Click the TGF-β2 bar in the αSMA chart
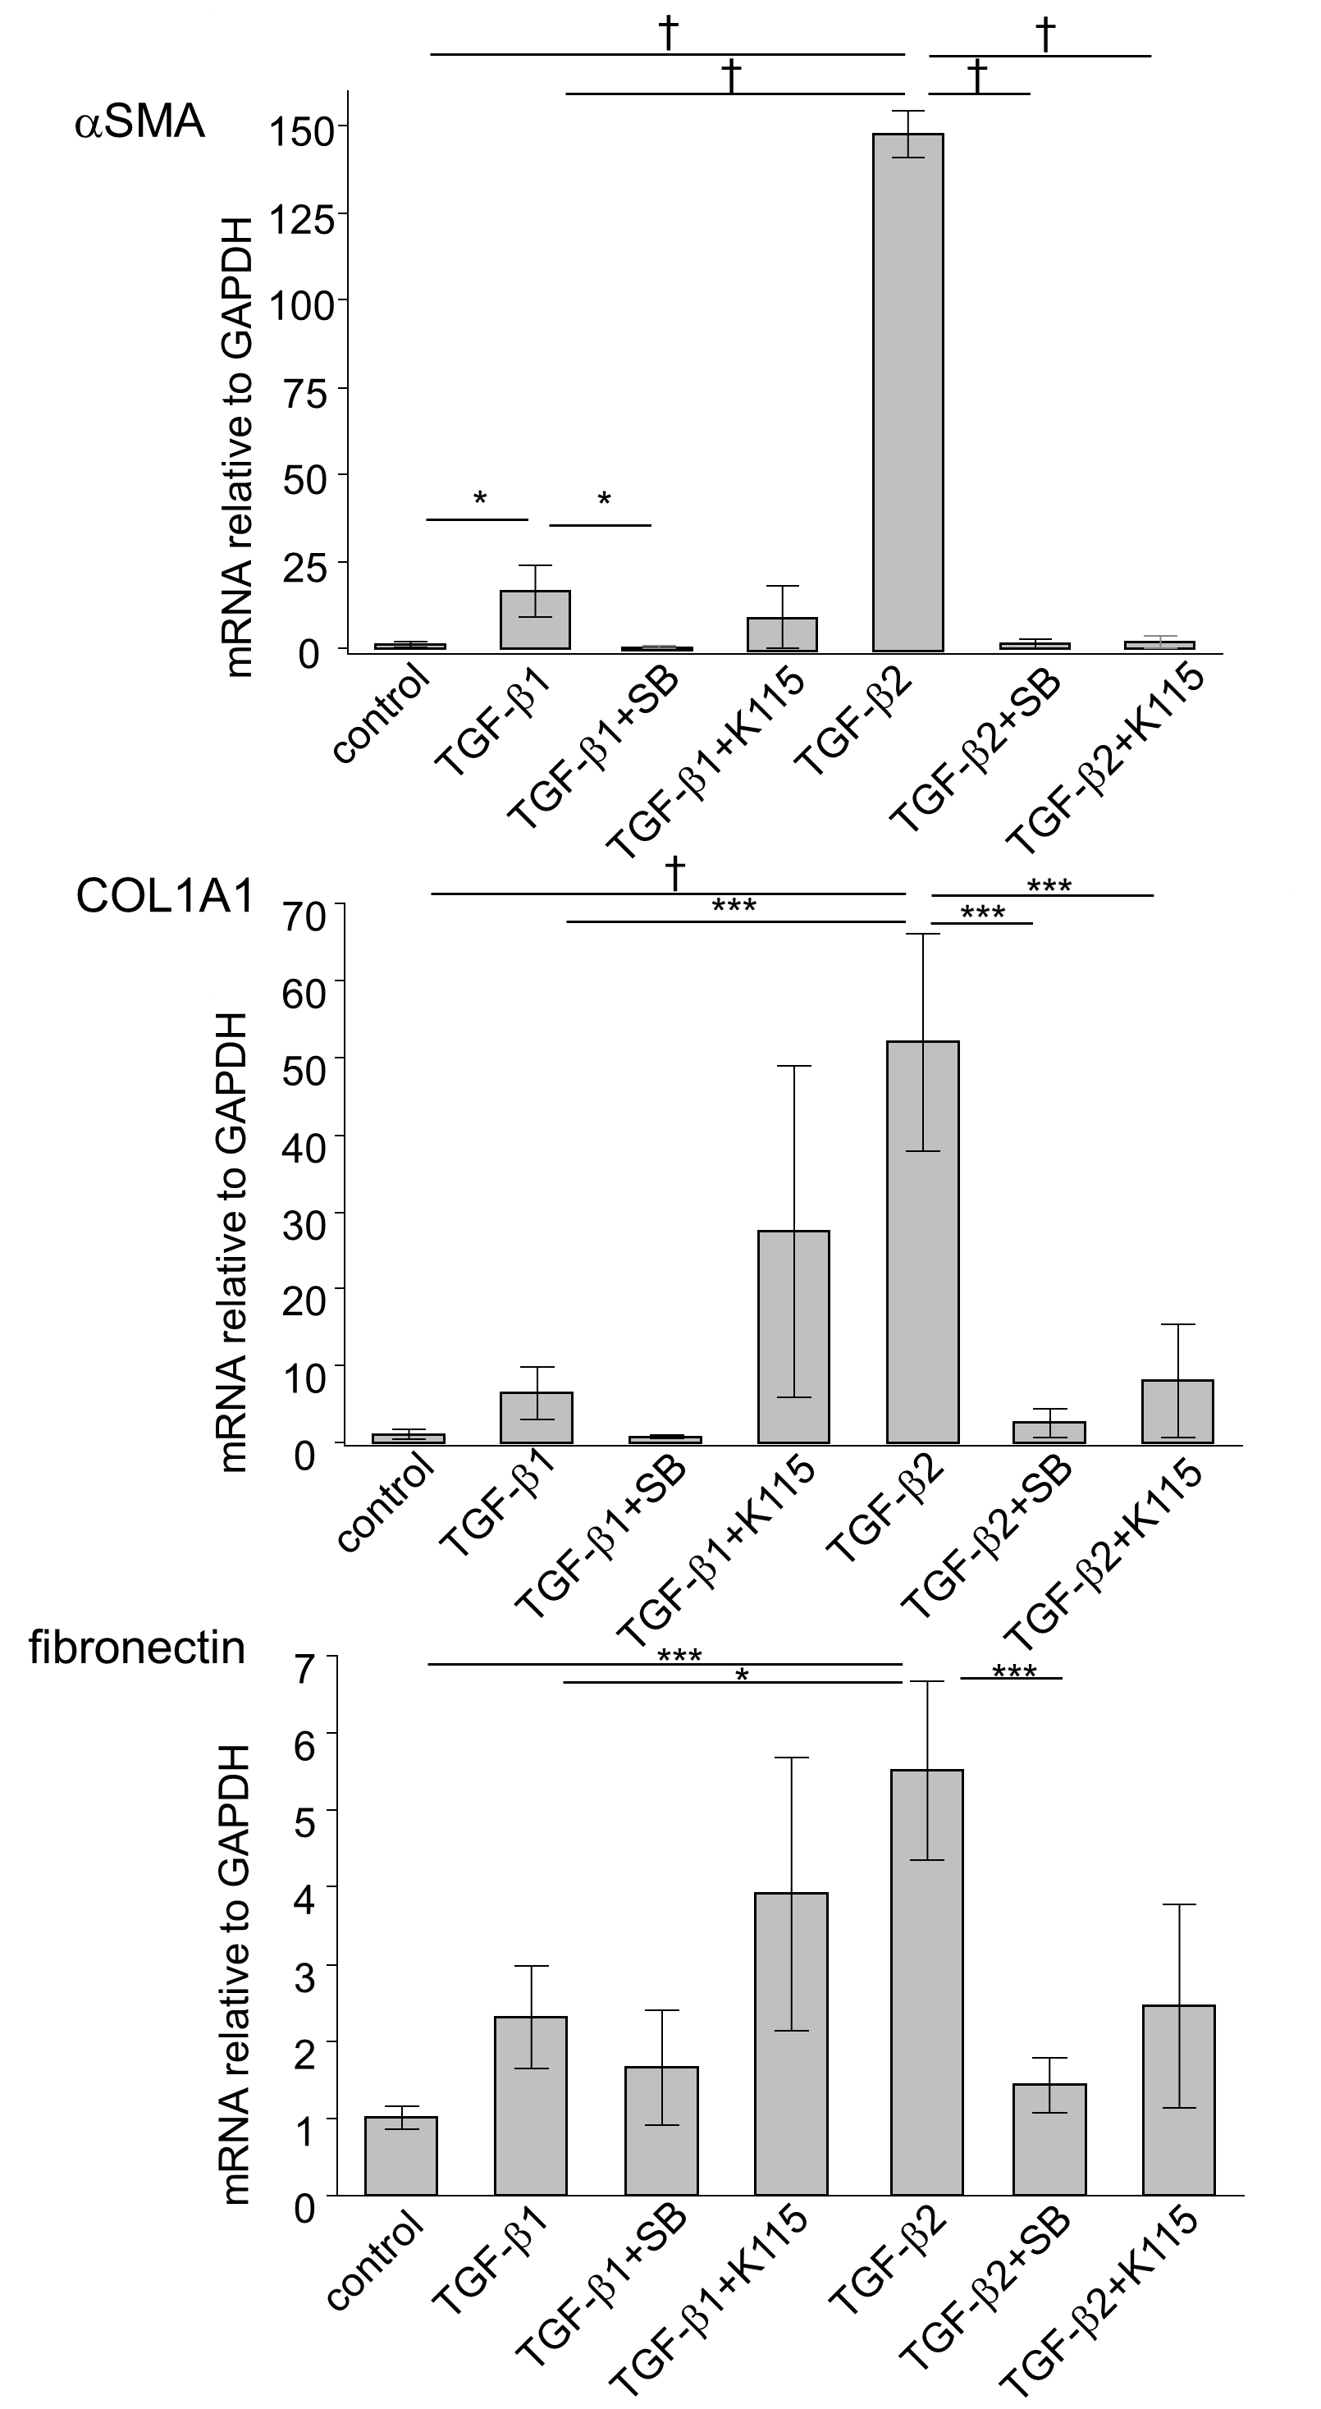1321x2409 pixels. tap(907, 393)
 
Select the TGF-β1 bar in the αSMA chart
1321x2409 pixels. tap(535, 620)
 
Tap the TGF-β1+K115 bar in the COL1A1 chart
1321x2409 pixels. tap(793, 1337)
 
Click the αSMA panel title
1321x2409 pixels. tap(140, 122)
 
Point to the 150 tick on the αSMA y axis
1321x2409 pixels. tap(344, 126)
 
